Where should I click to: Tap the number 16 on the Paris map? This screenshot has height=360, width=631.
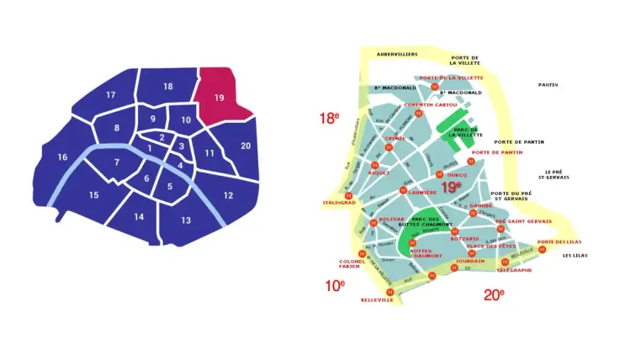[62, 157]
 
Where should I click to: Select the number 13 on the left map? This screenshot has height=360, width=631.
[186, 220]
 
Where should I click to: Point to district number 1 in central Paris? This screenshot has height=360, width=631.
[150, 149]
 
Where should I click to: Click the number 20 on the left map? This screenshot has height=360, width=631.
[246, 146]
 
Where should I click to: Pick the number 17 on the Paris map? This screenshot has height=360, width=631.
[110, 95]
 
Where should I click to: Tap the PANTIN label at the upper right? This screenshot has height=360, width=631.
[549, 85]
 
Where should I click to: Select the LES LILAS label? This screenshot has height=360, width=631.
[575, 256]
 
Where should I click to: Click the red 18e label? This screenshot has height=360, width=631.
[329, 119]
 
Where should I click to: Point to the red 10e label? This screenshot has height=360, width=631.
[335, 285]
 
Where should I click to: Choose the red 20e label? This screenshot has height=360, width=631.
[494, 294]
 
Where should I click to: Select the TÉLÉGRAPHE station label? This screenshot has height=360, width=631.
[514, 270]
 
